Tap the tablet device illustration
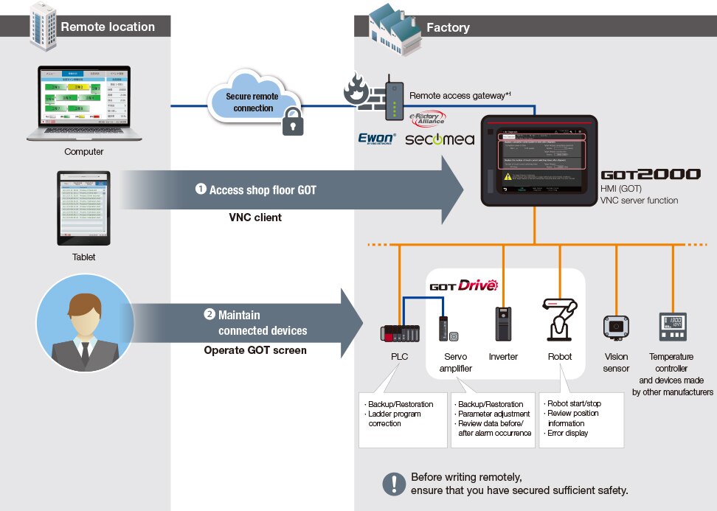[83, 209]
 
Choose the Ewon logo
[377, 138]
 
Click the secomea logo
[440, 138]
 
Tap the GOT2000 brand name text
[650, 175]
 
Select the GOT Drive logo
[464, 285]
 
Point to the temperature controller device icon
[672, 327]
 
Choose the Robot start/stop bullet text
[572, 403]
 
